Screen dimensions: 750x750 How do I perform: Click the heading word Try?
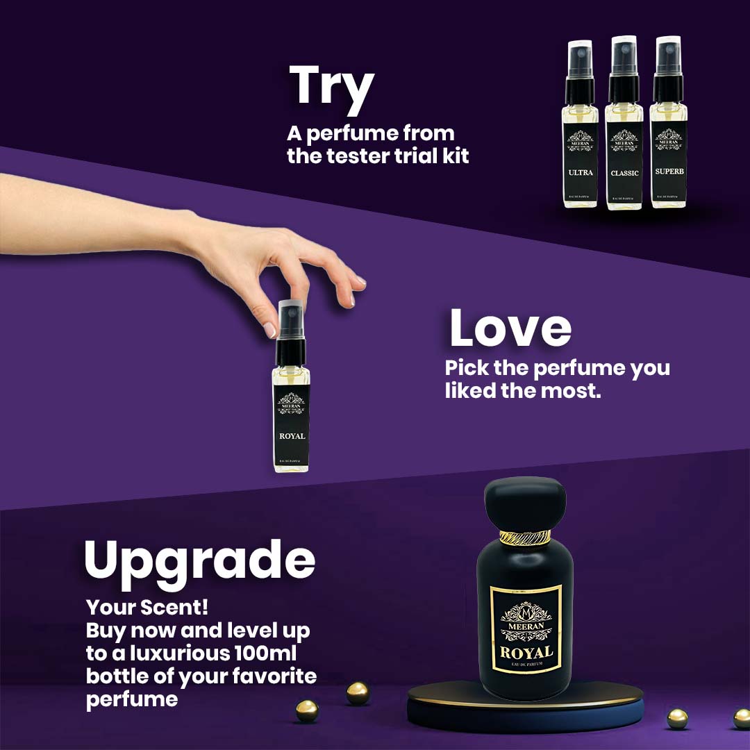[x=331, y=87]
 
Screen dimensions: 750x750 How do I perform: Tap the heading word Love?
[x=510, y=328]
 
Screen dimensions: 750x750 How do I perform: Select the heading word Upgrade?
[x=199, y=561]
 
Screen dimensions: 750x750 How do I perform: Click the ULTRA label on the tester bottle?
[x=580, y=172]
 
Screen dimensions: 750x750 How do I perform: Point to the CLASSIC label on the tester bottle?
[x=624, y=173]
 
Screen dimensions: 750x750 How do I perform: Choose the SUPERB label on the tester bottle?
[x=668, y=172]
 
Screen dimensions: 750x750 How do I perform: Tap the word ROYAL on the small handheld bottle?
[x=292, y=437]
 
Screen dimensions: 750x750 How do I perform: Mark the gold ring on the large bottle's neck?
[x=525, y=537]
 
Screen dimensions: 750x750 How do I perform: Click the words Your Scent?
[x=147, y=608]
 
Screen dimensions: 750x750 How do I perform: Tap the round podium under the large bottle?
[x=525, y=708]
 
